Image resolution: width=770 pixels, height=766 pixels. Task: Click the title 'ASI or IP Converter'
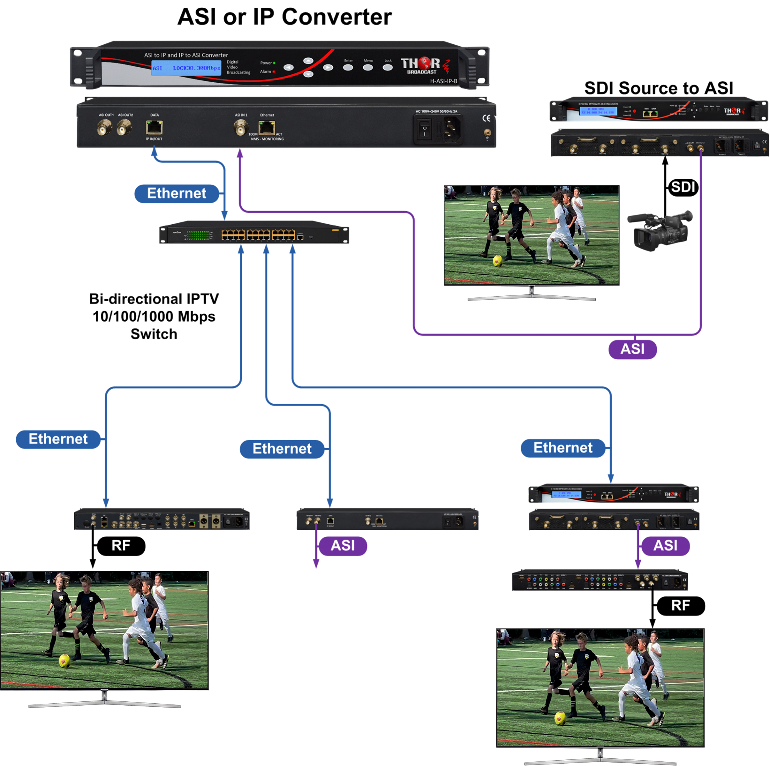pyautogui.click(x=284, y=17)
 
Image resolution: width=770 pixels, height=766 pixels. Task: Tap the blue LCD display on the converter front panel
pyautogui.click(x=186, y=68)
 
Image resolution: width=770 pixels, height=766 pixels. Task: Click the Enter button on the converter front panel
pyautogui.click(x=348, y=67)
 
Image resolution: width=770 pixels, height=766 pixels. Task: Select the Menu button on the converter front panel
pyautogui.click(x=368, y=67)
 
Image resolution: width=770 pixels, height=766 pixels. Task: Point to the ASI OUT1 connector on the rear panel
pyautogui.click(x=104, y=129)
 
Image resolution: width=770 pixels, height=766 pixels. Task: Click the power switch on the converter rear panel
pyautogui.click(x=424, y=129)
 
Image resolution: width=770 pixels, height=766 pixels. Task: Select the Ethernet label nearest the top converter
pyautogui.click(x=177, y=193)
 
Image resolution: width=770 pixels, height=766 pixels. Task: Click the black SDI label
pyautogui.click(x=683, y=187)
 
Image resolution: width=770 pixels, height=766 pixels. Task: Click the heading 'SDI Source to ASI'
pyautogui.click(x=658, y=88)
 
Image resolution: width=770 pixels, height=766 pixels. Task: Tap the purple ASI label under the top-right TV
pyautogui.click(x=633, y=349)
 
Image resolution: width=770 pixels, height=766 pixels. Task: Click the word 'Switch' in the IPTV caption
pyautogui.click(x=154, y=334)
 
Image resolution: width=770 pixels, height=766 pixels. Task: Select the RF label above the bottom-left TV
pyautogui.click(x=121, y=546)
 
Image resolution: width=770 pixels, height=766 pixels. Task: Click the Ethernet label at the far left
pyautogui.click(x=58, y=439)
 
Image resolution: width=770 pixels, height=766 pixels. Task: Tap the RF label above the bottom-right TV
pyautogui.click(x=680, y=606)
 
